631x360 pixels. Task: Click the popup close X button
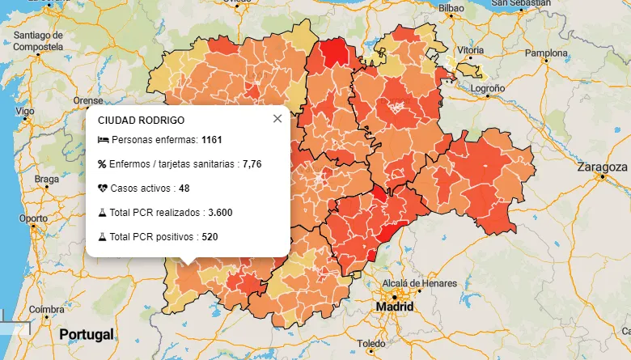coord(277,119)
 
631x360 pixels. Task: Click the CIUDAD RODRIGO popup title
coord(141,120)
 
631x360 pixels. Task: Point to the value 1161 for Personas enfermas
coord(211,140)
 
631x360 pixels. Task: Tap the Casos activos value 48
coord(184,188)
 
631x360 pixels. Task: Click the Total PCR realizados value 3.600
coord(220,213)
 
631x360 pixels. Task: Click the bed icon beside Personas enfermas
coord(102,140)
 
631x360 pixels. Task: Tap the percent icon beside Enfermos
coord(102,164)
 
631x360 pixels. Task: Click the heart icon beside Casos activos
coord(102,188)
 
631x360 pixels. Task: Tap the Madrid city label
coord(395,307)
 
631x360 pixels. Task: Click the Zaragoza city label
coord(603,167)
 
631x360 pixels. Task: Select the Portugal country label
coord(84,334)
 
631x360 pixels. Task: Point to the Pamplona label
coord(548,53)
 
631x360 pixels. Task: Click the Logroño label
coord(488,88)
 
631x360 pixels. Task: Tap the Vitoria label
coord(470,50)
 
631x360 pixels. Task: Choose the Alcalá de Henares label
coord(413,283)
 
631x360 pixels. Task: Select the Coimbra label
coord(45,310)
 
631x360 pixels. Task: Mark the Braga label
coord(47,179)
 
